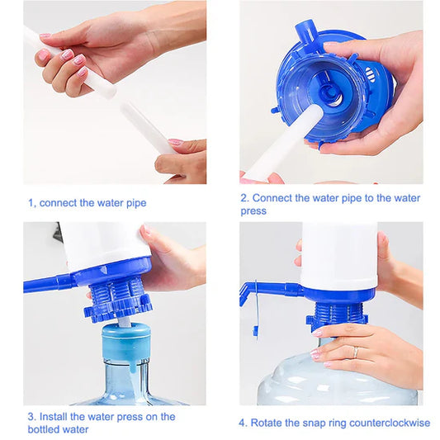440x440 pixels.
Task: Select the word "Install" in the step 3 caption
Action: tap(57, 417)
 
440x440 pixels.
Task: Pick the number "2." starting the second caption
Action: tap(244, 198)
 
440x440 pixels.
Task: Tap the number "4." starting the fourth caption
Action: tap(244, 423)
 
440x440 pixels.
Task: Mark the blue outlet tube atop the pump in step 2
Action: tap(306, 32)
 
